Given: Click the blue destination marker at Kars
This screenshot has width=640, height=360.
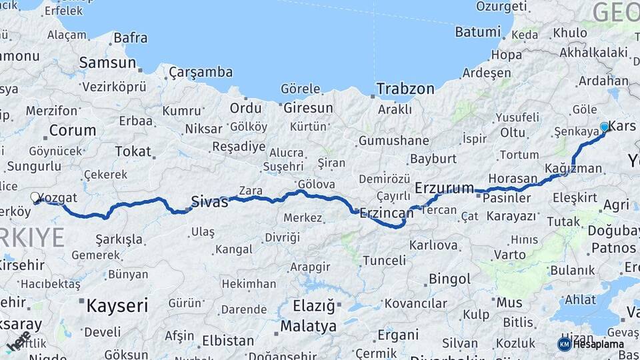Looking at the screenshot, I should [x=604, y=127].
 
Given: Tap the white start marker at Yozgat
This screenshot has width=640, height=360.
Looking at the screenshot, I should [x=35, y=197].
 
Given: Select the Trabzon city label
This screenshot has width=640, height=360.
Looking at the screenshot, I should [x=405, y=89].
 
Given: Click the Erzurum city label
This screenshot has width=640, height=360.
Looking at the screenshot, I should [x=444, y=188].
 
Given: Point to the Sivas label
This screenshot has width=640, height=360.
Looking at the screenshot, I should [x=209, y=201].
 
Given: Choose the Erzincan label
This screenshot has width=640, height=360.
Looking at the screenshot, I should [x=387, y=213].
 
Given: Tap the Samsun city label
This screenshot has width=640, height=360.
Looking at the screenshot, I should [x=107, y=63].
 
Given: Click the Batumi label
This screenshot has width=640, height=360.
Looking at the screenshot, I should [x=477, y=31].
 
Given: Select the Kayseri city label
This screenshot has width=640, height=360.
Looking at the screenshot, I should [x=117, y=306].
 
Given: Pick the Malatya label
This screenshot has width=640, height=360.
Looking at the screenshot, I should [x=308, y=327].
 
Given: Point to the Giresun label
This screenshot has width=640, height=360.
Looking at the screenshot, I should [x=308, y=108].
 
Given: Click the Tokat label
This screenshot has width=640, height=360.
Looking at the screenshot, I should [x=133, y=151].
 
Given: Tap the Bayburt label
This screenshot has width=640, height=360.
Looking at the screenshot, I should [x=433, y=159].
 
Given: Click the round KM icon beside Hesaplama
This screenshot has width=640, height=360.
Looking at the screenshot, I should [x=564, y=344].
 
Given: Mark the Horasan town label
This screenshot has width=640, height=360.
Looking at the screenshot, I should [x=513, y=179].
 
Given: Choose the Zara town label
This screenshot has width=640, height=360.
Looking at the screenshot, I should [x=251, y=191].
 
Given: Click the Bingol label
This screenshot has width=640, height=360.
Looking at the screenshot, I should [x=449, y=279].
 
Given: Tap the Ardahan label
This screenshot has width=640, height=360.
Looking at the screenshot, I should [x=603, y=81].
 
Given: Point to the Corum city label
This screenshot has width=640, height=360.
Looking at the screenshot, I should [x=73, y=130].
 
